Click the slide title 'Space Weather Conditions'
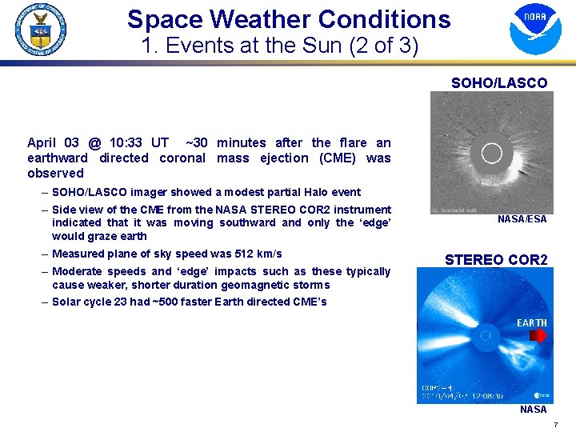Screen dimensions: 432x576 288,19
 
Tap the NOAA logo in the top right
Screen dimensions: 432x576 535,29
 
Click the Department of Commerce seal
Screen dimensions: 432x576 41,28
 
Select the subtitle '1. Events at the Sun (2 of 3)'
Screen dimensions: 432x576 279,46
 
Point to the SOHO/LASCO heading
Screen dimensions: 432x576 498,82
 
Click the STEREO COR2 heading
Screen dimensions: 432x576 496,260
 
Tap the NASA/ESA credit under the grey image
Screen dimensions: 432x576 522,219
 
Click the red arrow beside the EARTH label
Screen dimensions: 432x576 538,336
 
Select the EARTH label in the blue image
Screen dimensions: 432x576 531,323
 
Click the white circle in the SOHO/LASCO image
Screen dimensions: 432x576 491,154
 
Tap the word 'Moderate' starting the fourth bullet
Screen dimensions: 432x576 77,271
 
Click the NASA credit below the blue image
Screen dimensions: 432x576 533,410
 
